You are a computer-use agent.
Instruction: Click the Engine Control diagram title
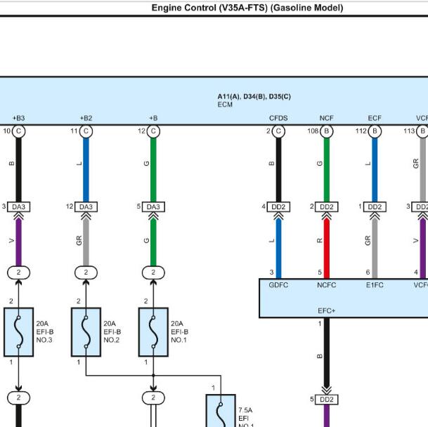coord(247,8)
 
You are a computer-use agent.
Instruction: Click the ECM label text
coord(225,105)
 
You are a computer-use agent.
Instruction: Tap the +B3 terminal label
coord(18,118)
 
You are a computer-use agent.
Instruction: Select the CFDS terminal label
coord(278,118)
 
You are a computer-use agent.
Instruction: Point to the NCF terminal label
coord(327,118)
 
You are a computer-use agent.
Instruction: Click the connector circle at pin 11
coord(86,131)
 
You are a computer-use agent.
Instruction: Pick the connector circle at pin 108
coord(327,131)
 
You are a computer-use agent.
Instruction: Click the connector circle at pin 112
coord(375,131)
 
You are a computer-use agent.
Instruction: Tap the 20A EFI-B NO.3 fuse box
coord(18,332)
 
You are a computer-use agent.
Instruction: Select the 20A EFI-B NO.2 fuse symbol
coord(86,332)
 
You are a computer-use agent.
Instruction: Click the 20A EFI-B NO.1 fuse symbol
coord(153,332)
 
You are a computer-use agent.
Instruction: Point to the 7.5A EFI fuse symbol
coord(221,411)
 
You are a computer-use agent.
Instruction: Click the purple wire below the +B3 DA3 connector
coord(18,242)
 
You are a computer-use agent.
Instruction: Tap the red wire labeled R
coord(327,249)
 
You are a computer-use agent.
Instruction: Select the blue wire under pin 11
coord(86,170)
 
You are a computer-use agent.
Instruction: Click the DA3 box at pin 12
coord(86,206)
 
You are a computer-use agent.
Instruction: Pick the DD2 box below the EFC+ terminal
coord(327,400)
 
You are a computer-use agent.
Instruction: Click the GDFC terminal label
coord(278,285)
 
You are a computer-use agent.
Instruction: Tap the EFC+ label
coord(327,310)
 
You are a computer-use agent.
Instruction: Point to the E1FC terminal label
coord(375,285)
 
